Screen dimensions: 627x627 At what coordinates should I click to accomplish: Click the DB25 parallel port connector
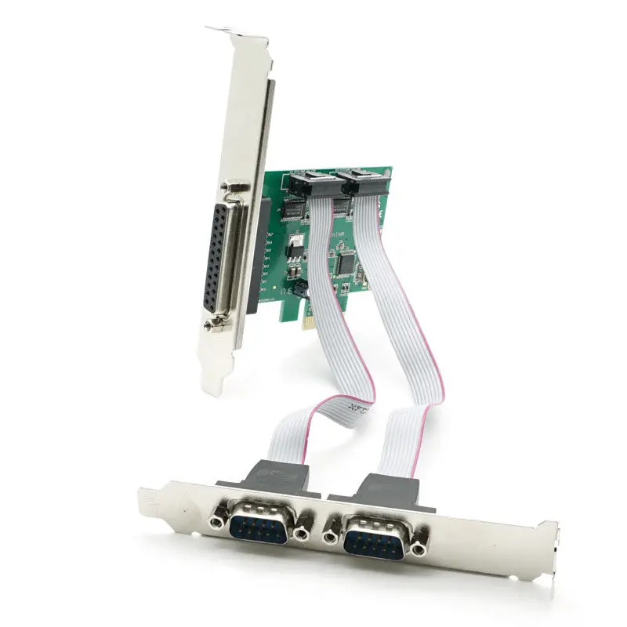223,256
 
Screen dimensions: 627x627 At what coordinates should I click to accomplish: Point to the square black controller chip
344,264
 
